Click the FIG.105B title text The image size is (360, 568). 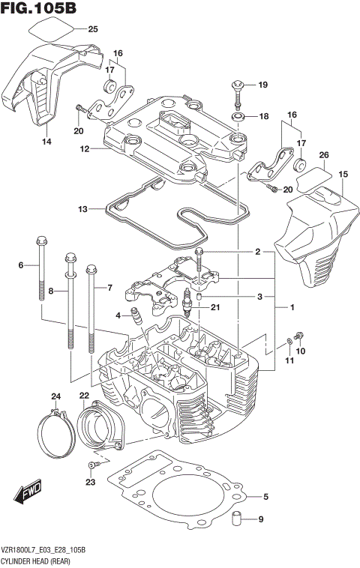click(x=39, y=9)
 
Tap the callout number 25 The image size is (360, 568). click(x=93, y=30)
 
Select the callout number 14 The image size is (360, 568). click(x=46, y=142)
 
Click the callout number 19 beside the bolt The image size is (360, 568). click(x=262, y=85)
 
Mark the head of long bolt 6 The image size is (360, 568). click(x=40, y=242)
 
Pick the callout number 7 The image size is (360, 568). click(x=109, y=288)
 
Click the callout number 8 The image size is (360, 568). click(x=51, y=290)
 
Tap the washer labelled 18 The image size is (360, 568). click(x=240, y=117)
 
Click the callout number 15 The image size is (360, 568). click(x=343, y=174)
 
